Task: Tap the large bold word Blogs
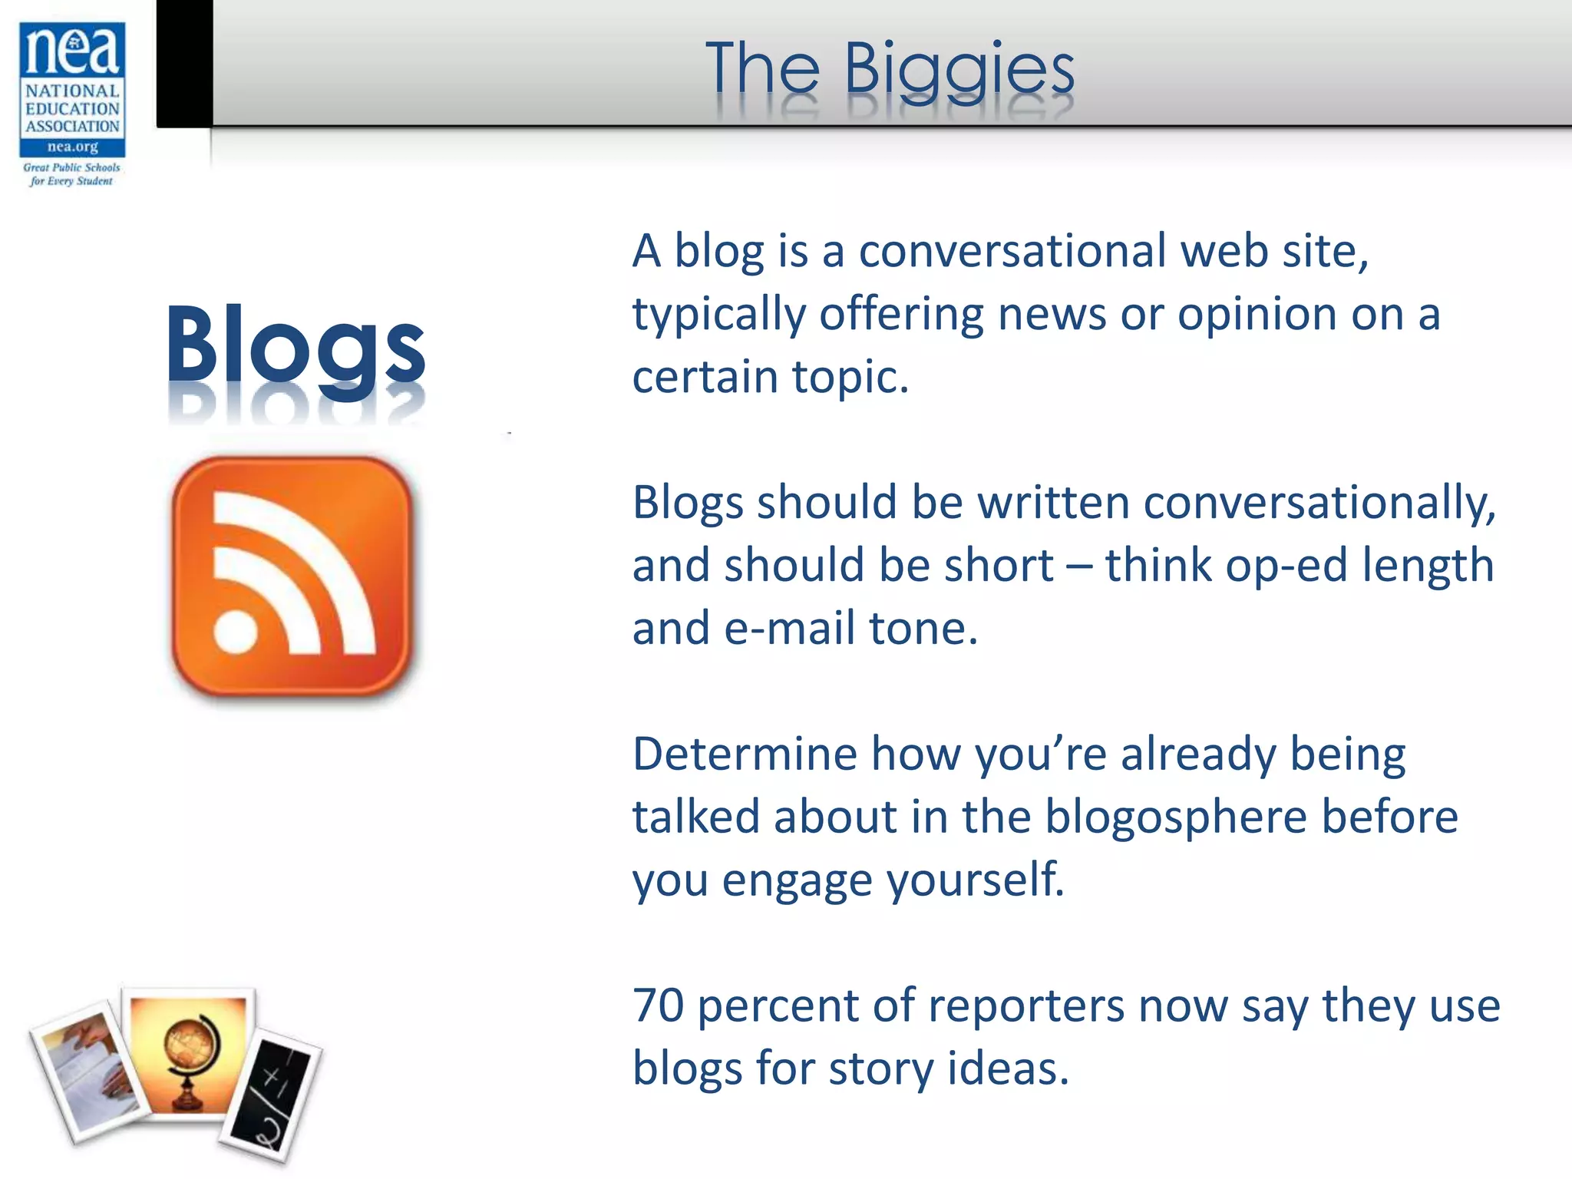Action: tap(296, 345)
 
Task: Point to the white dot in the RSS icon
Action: tap(236, 631)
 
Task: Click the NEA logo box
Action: tap(72, 89)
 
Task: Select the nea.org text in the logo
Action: tap(72, 147)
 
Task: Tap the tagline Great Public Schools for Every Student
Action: tap(71, 174)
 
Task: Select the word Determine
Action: tap(744, 754)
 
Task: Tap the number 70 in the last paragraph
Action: tap(658, 1006)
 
